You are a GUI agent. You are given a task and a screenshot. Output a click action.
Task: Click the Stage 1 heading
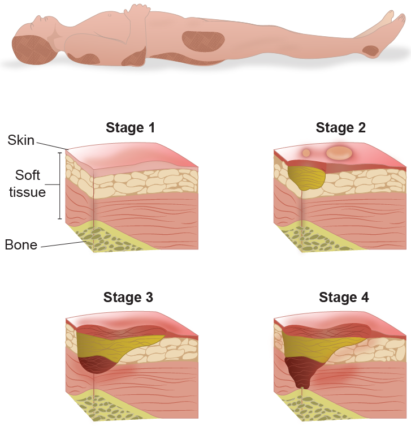point(130,128)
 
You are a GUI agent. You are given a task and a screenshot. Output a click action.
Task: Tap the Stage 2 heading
point(340,128)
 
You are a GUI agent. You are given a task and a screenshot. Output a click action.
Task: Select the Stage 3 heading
point(128,297)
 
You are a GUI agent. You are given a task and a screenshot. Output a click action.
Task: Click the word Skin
point(21,140)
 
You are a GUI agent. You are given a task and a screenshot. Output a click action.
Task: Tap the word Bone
point(21,245)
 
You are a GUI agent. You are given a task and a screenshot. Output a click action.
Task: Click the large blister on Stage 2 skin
point(339,153)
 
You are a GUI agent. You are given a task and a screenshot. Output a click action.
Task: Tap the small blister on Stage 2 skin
point(306,153)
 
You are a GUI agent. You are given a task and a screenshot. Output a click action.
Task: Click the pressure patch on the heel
point(370,50)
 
